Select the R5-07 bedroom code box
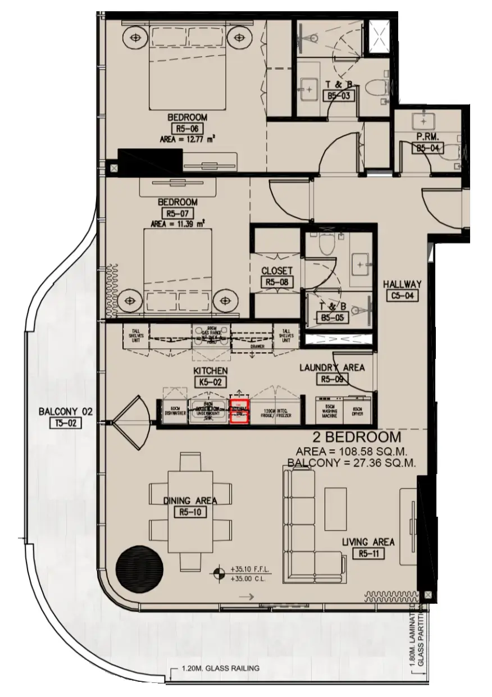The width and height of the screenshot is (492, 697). pos(177,213)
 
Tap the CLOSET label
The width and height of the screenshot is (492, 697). pos(277,271)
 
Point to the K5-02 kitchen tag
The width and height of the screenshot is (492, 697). pos(210,382)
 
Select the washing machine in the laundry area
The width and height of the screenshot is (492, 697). pos(329,412)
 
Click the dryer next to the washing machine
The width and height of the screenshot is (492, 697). pos(357,412)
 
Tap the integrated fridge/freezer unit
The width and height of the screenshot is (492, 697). pos(274,413)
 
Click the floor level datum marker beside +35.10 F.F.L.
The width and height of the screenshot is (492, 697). pos(219,573)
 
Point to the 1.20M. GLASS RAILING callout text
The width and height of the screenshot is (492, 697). pos(221,668)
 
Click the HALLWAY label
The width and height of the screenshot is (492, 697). pos(402,285)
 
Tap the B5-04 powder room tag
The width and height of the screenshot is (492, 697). pos(428,148)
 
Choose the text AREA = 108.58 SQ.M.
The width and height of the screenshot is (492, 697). pos(351,452)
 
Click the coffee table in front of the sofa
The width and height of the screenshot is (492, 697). pos(336,507)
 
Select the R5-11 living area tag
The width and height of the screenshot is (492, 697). pos(368,554)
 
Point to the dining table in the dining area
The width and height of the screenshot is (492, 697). pos(190,512)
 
